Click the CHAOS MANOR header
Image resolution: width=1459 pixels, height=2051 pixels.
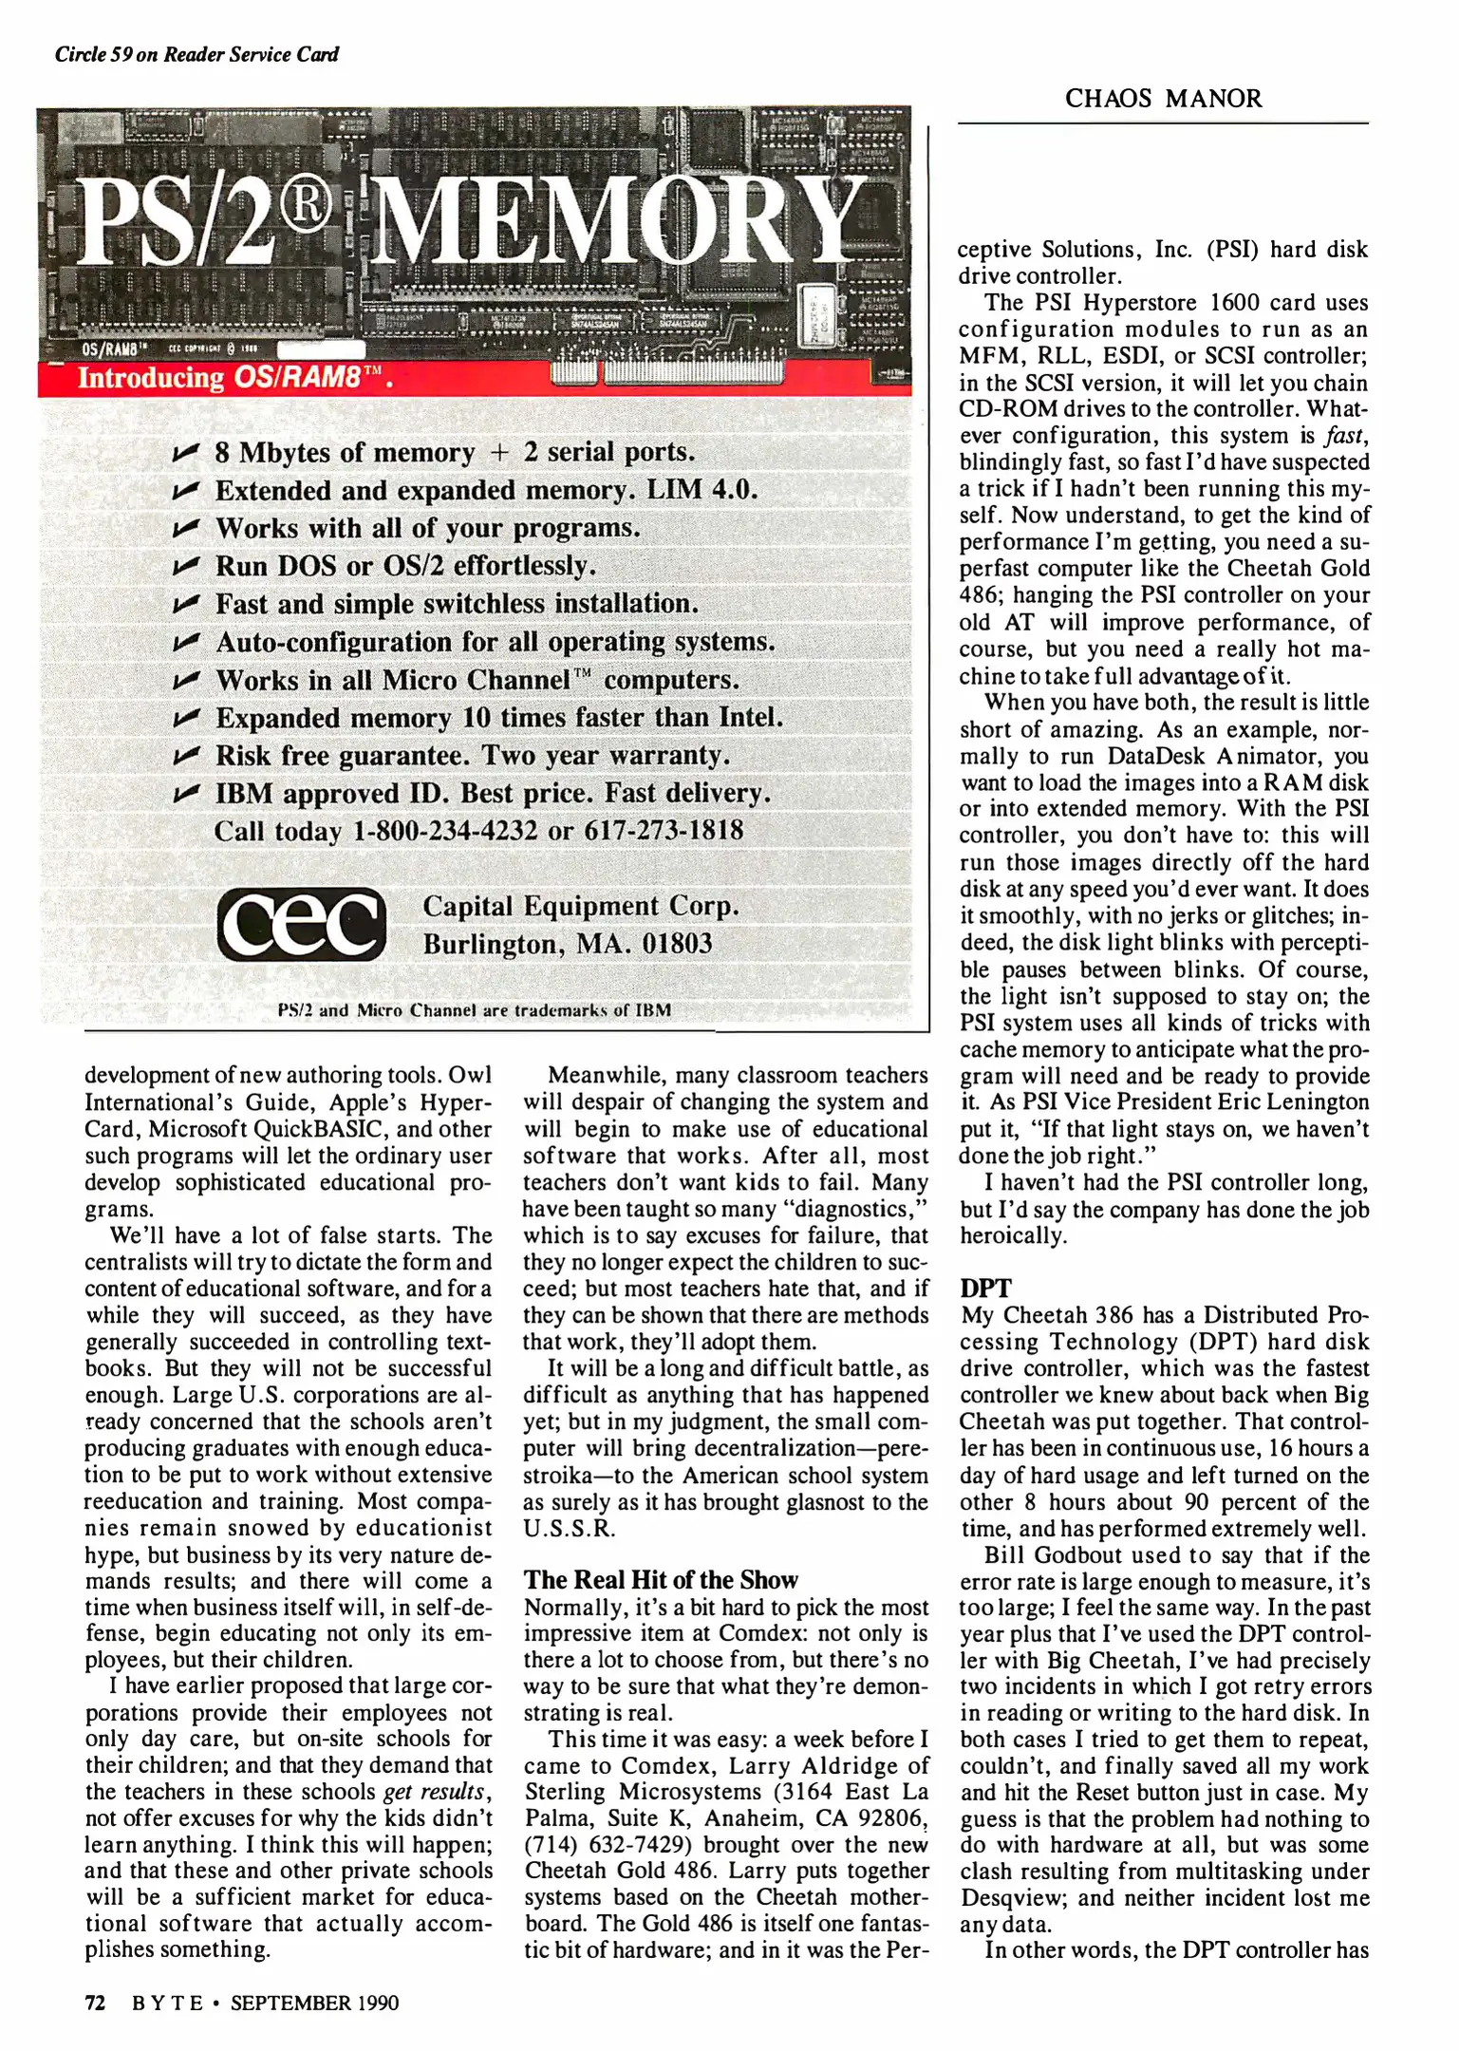[x=1163, y=99]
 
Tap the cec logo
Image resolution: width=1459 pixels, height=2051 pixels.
[x=302, y=924]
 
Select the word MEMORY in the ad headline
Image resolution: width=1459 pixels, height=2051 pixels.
[x=615, y=222]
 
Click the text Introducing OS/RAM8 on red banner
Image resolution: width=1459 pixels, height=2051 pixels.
[x=234, y=378]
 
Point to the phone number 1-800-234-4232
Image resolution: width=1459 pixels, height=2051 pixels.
[x=444, y=831]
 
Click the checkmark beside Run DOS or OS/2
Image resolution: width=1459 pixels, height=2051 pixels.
[x=186, y=567]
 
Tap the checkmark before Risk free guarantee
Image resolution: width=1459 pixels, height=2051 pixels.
[x=186, y=757]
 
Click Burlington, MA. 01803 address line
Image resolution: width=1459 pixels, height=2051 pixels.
[x=567, y=944]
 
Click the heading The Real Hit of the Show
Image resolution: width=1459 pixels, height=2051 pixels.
[x=661, y=1580]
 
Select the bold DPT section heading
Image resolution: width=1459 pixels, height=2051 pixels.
[x=985, y=1289]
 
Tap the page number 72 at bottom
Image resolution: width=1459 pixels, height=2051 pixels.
[x=95, y=2003]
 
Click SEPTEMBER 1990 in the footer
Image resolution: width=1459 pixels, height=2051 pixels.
[x=314, y=2003]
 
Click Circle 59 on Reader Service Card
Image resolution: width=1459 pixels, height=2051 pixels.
[x=196, y=54]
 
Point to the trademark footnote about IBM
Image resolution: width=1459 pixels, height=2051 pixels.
[x=474, y=1010]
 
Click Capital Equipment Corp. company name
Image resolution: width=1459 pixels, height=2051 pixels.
[x=580, y=906]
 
